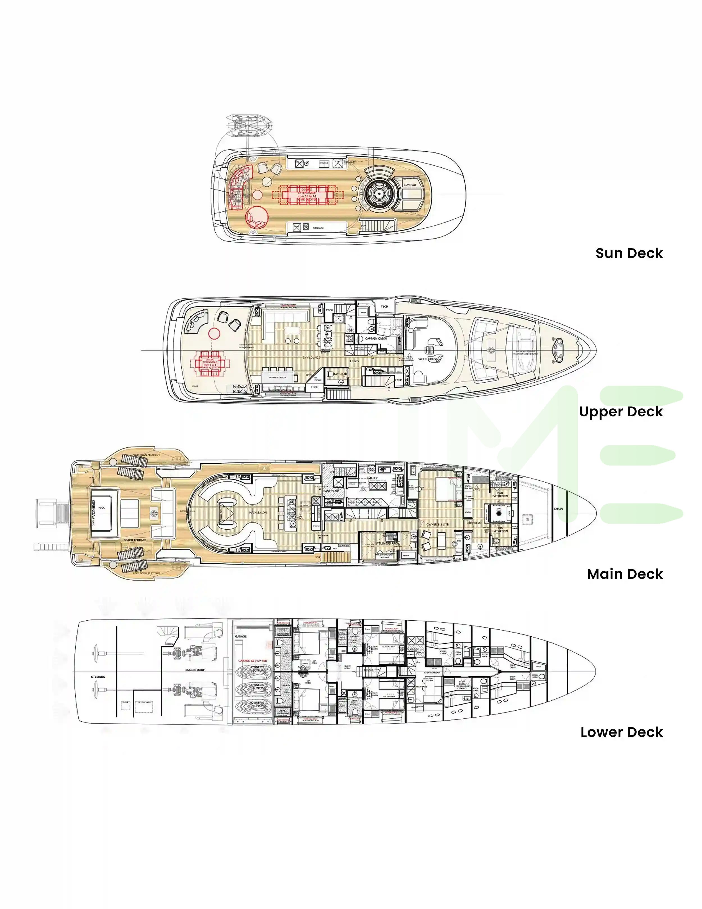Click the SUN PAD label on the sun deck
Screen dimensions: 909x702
pos(409,185)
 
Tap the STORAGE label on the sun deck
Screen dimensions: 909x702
pos(318,228)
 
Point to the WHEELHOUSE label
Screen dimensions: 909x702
pos(428,359)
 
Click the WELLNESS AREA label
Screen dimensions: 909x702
pos(387,543)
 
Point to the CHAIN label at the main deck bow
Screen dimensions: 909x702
pos(558,509)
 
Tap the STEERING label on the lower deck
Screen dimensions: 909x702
pos(98,677)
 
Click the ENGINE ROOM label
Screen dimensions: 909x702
pos(195,670)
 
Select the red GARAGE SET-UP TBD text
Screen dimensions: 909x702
pos(252,661)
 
